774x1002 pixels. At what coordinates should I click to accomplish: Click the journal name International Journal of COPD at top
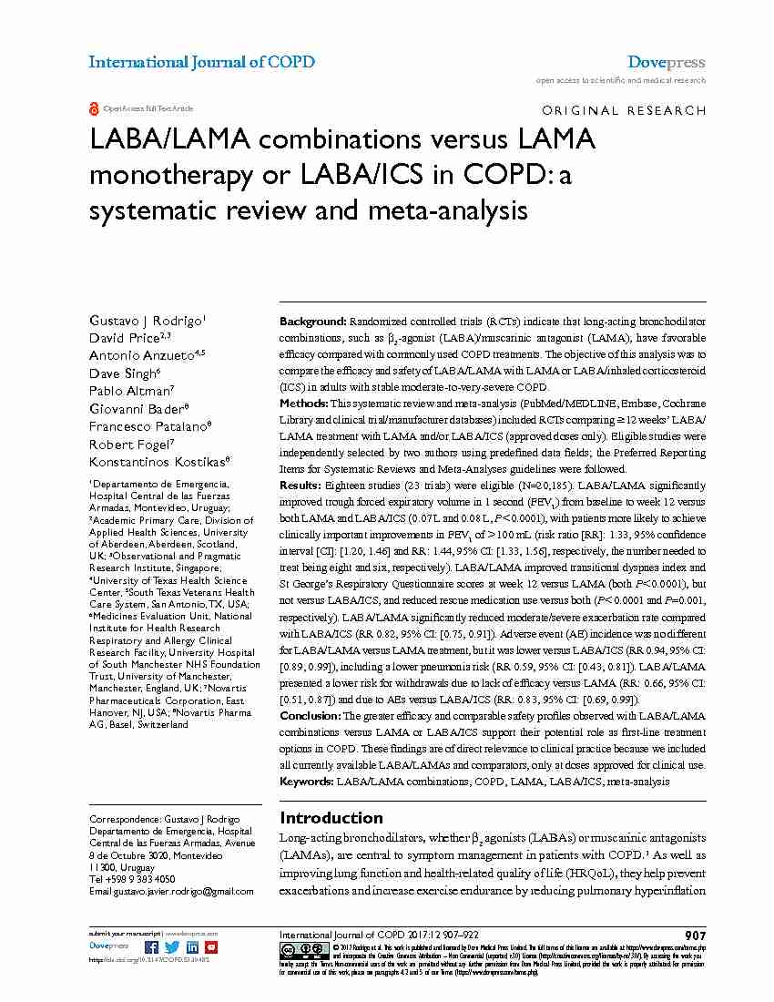tap(201, 62)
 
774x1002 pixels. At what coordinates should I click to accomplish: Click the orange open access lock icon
tap(94, 108)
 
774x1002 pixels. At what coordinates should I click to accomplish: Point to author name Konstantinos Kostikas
tap(158, 462)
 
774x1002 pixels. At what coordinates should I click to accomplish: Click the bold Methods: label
tap(304, 403)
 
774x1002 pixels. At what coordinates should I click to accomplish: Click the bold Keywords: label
tap(307, 782)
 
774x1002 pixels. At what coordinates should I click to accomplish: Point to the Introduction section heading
tap(331, 817)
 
